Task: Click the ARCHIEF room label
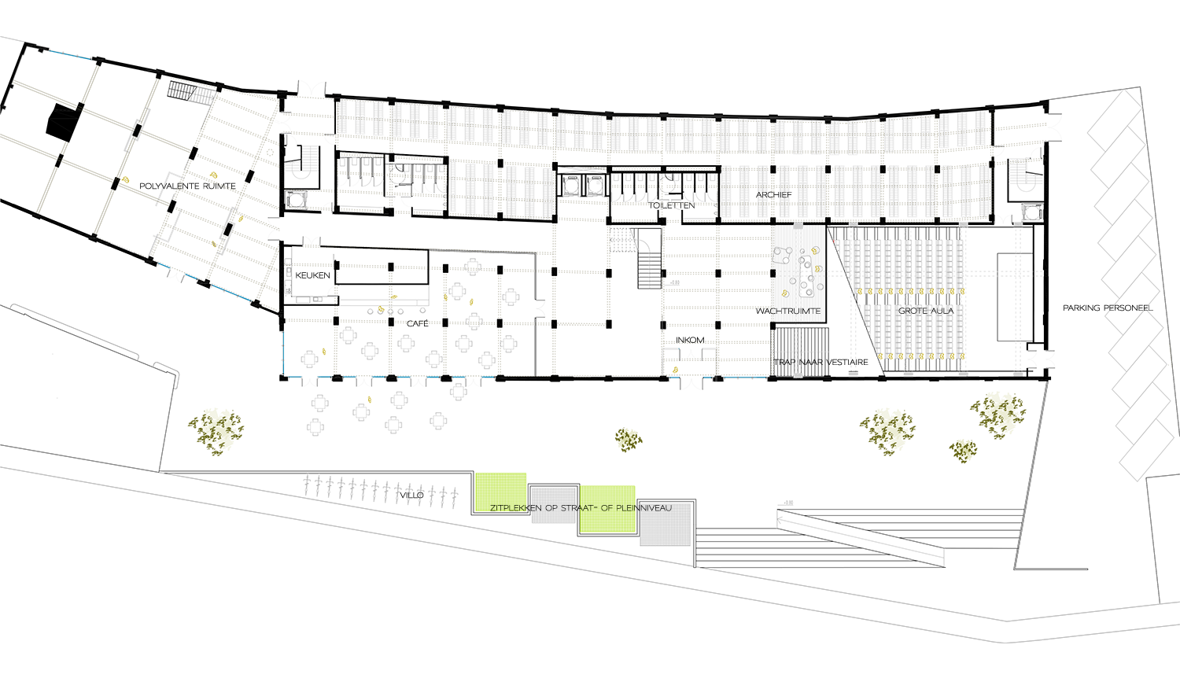pos(774,194)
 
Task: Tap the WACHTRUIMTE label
pos(788,311)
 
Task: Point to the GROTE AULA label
pos(926,311)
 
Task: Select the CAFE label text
pos(417,323)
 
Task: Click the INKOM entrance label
pos(691,340)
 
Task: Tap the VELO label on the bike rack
pos(411,496)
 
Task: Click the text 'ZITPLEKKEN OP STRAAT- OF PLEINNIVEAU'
pos(581,508)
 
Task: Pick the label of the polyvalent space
pos(187,186)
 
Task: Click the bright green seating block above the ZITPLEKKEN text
pos(505,464)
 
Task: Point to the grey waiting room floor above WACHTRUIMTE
pos(796,263)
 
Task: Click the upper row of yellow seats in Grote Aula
pos(910,293)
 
